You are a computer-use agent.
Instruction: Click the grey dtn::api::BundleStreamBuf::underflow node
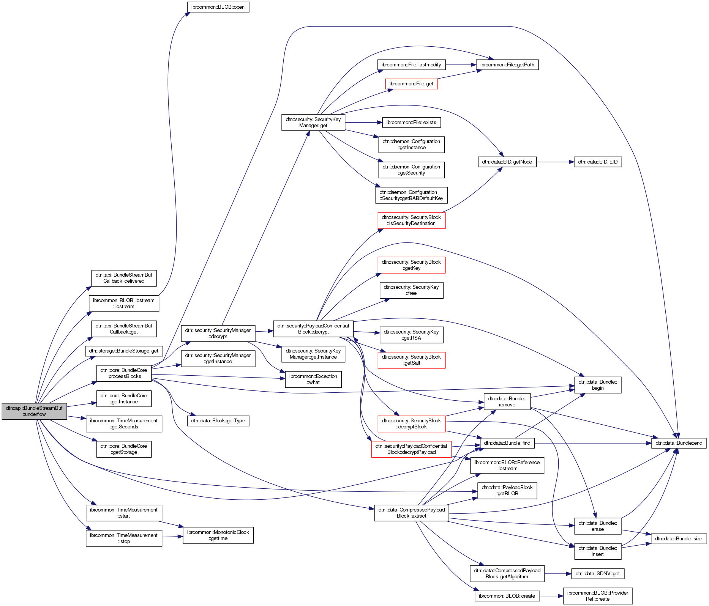34,411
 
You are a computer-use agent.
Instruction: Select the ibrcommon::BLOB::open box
218,7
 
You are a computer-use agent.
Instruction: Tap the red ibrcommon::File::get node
411,84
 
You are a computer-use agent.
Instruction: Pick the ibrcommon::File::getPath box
507,65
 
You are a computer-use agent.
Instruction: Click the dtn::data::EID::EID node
598,162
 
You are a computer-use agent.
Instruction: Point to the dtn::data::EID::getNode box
507,162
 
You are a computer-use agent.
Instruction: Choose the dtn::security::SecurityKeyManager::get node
313,122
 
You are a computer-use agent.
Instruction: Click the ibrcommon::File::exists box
411,123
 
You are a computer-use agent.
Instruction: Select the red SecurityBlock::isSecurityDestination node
411,220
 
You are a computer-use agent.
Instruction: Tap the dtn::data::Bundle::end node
679,443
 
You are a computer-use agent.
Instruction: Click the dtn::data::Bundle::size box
679,538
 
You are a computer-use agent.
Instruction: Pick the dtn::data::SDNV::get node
597,573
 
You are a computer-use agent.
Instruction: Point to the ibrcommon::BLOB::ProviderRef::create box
598,596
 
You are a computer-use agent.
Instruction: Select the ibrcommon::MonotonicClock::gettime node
218,535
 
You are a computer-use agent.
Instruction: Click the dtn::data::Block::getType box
218,421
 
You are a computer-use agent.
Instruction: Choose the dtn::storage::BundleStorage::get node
124,351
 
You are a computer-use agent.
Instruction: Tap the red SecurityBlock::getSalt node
411,360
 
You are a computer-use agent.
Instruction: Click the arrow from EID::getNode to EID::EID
555,162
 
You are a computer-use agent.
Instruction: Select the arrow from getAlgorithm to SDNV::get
558,574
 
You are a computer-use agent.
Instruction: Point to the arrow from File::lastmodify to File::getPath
461,65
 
